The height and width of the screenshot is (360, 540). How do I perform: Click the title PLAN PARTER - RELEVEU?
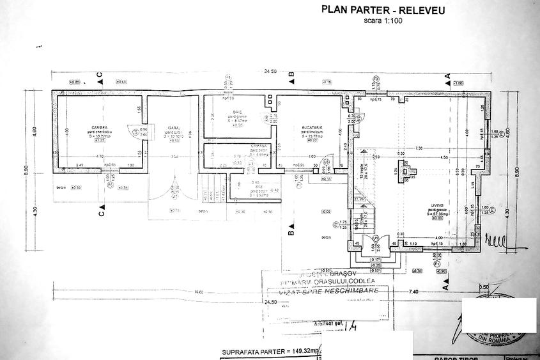[383, 10]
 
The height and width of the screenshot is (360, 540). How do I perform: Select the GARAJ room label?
[173, 127]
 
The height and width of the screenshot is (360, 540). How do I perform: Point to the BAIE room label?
[237, 111]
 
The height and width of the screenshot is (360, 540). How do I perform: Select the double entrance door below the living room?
[372, 246]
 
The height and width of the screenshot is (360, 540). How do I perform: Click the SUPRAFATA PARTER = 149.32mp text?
[261, 352]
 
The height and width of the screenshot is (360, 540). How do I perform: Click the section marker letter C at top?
[100, 77]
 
